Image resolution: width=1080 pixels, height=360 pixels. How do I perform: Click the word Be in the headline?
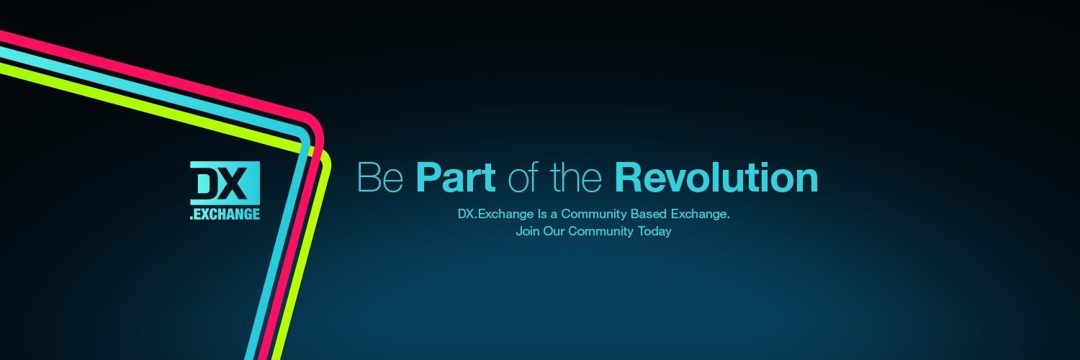(380, 178)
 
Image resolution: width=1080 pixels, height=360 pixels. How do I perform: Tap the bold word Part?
(455, 178)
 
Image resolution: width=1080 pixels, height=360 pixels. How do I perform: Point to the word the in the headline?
(576, 178)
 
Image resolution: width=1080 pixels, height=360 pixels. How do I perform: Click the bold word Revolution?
(716, 178)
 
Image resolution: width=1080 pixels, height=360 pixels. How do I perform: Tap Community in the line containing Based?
(595, 214)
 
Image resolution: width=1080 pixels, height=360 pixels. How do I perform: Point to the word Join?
(527, 232)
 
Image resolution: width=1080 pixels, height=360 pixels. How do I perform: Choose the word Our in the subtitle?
(554, 232)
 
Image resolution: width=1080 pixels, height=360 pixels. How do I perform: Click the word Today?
(654, 232)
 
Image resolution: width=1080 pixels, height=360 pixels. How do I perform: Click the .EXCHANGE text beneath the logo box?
(225, 214)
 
